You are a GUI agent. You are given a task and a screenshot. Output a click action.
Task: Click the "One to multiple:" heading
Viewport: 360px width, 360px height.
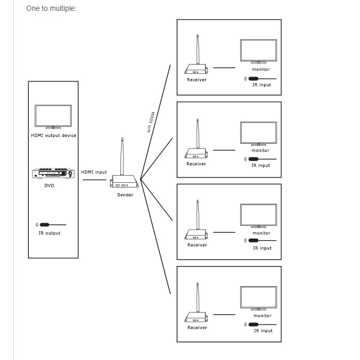coord(51,8)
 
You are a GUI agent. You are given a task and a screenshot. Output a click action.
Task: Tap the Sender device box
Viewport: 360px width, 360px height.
coord(124,181)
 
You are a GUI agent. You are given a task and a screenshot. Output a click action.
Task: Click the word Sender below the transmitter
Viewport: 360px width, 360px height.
coord(125,195)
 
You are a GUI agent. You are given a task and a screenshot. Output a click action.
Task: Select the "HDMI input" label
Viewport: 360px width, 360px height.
coord(94,172)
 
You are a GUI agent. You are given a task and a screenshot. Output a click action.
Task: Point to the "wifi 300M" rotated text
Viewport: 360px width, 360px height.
coord(151,122)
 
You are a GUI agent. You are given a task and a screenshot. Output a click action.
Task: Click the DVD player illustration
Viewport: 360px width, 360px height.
coord(53,174)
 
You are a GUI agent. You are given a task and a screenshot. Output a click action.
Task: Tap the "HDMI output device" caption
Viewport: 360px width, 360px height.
coord(54,135)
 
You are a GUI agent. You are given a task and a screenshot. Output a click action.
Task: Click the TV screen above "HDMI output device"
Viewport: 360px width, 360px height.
coord(53,117)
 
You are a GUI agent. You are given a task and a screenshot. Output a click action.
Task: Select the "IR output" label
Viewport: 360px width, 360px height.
coord(50,233)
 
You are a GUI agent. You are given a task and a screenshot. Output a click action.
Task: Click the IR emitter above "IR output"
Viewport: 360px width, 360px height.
coord(51,225)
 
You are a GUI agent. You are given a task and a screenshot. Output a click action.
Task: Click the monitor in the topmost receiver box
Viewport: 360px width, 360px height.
coord(259,51)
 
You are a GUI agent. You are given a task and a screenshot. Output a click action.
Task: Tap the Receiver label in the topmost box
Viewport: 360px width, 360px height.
coord(197,80)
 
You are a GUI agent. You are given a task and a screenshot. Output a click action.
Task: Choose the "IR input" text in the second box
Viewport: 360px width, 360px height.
coord(261,165)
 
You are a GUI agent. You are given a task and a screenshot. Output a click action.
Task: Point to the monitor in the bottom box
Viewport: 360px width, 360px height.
coord(259,298)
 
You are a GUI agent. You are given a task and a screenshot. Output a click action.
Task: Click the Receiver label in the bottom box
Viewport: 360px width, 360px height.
coord(197,327)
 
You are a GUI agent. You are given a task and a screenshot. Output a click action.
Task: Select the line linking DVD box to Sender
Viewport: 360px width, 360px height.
coord(95,180)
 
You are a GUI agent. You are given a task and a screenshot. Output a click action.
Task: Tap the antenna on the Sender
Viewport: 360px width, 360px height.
coord(122,156)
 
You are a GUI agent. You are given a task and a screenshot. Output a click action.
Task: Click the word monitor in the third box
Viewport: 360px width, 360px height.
coord(261,233)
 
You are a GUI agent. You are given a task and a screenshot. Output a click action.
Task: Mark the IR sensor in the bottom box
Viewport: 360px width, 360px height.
coord(260,324)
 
